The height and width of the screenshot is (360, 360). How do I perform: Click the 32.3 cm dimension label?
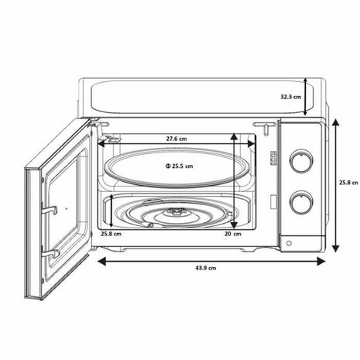290,97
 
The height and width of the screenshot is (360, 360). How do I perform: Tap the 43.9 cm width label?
205,268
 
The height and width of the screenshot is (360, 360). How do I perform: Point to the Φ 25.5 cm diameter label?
178,166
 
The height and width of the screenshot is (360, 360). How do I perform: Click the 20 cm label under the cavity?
232,233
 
